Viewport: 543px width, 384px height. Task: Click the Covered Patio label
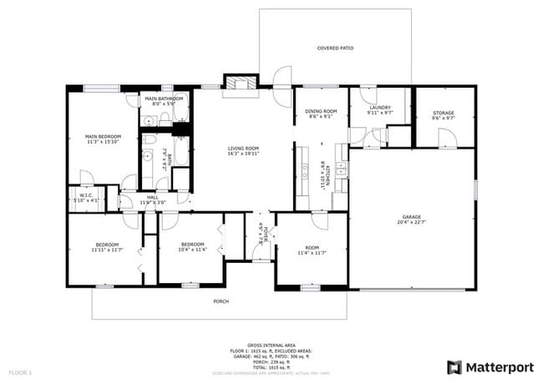tap(335, 48)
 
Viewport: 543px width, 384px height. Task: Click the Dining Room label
tap(320, 114)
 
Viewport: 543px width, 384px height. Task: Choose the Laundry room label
tap(380, 109)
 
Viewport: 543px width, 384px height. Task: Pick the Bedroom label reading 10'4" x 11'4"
tap(192, 246)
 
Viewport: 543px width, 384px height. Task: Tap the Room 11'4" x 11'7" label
tap(311, 250)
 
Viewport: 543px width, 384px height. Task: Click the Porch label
tap(221, 301)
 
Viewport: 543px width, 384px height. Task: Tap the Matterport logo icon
tap(454, 366)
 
